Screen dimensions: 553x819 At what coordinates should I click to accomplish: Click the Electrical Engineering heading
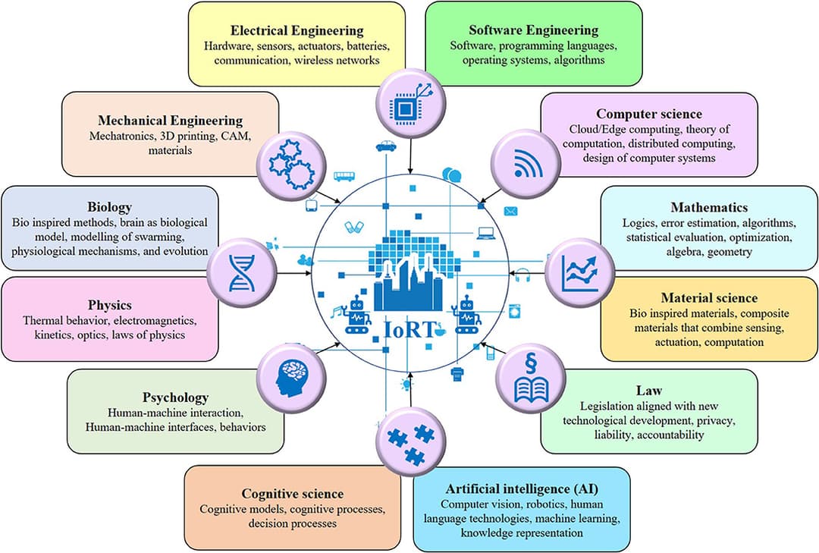click(297, 31)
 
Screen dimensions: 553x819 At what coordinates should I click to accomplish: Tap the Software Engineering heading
click(533, 30)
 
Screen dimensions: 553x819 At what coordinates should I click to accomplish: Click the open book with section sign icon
click(529, 377)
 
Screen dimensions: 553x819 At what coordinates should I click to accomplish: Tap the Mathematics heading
click(709, 207)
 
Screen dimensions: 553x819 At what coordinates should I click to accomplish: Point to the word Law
click(648, 391)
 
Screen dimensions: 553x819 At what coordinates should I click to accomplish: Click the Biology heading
click(110, 207)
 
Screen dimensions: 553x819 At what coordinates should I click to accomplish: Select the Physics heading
click(109, 305)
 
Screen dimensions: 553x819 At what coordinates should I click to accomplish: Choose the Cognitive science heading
click(292, 494)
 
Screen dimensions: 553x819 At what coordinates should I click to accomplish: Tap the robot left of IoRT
click(356, 313)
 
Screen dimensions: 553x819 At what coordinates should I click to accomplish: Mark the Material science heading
click(709, 297)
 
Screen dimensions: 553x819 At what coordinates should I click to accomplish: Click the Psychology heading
click(175, 397)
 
